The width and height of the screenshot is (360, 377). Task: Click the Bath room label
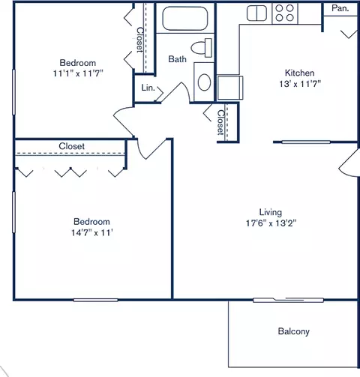(x=177, y=59)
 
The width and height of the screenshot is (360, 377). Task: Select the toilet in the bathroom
(x=199, y=48)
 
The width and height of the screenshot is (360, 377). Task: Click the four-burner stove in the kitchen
(x=284, y=12)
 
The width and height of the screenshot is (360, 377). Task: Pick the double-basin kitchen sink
(x=257, y=13)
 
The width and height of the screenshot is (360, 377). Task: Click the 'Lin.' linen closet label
(x=148, y=88)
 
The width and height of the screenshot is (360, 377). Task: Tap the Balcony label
(x=293, y=331)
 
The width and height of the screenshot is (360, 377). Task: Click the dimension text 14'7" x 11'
(x=91, y=233)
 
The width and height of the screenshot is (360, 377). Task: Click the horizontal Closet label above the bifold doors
(x=71, y=146)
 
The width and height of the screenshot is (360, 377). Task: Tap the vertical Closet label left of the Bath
(x=140, y=40)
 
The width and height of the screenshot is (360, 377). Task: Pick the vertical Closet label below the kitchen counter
(x=220, y=122)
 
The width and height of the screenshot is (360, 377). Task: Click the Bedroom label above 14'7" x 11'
(x=91, y=221)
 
